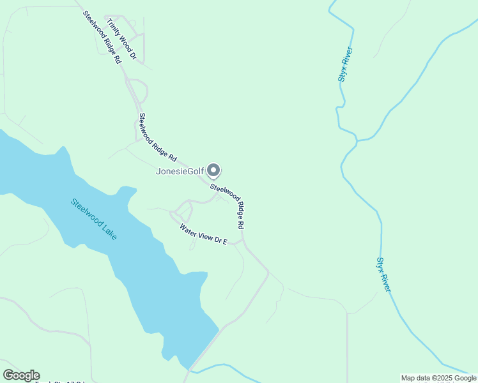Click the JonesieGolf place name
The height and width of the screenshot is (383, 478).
point(180,171)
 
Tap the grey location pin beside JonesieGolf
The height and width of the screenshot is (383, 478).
point(215,170)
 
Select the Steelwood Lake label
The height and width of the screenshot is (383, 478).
point(94,219)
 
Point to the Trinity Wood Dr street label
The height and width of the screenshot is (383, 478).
point(122,39)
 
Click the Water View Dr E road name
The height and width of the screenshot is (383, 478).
point(203,234)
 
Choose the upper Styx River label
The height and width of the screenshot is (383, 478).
point(346,64)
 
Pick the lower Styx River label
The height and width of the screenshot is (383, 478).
point(383,274)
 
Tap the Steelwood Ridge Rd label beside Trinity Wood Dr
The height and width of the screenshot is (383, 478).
point(102,36)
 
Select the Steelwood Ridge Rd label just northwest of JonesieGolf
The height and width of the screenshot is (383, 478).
point(157,137)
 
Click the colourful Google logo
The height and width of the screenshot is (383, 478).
point(21,375)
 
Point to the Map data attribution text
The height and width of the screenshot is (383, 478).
point(439,378)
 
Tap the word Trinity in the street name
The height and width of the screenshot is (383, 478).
point(115,29)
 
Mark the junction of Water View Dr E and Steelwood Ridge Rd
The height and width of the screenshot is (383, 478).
point(242,241)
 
